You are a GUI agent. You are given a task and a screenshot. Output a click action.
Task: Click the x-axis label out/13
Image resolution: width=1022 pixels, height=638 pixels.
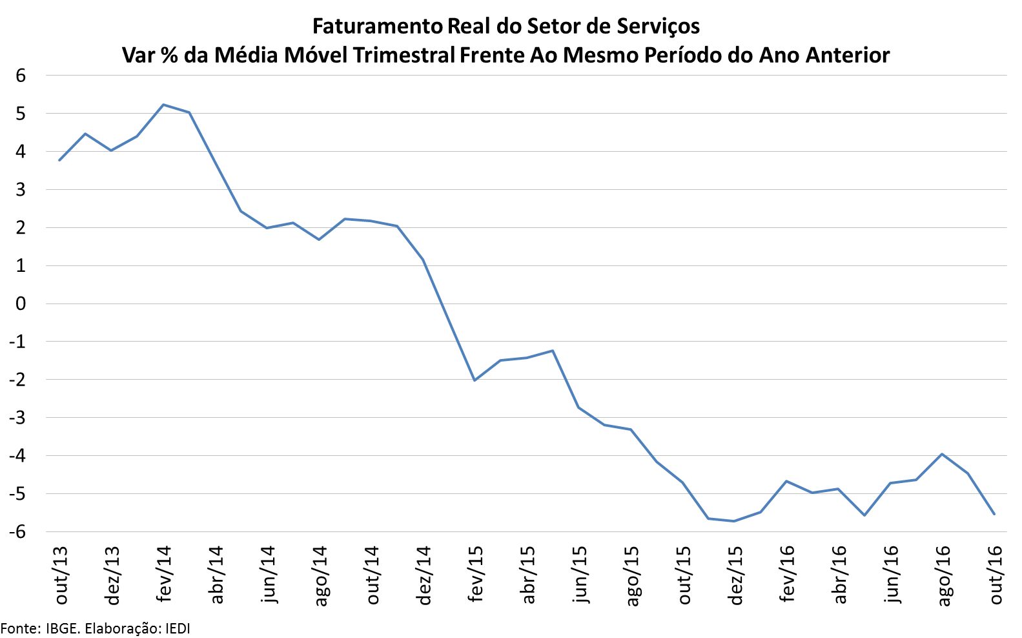(x=61, y=575)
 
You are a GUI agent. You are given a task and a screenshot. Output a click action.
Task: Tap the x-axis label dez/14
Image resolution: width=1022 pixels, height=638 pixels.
(x=424, y=575)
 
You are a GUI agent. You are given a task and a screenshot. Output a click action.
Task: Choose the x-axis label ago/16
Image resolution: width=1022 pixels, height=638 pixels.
(x=943, y=575)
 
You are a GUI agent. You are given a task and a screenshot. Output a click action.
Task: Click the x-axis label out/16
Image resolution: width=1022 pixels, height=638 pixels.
(x=996, y=575)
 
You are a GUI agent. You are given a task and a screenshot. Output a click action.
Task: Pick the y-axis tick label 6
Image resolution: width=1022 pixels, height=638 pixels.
(x=21, y=76)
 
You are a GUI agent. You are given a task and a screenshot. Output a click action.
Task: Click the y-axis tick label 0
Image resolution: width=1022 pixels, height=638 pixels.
(x=21, y=304)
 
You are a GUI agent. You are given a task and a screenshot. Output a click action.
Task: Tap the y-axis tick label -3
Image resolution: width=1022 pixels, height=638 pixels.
(x=17, y=418)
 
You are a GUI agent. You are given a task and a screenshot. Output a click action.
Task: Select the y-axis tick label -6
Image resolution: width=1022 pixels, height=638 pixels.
(x=17, y=531)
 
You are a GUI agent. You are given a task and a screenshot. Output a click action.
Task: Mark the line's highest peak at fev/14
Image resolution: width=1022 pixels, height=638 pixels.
(x=163, y=105)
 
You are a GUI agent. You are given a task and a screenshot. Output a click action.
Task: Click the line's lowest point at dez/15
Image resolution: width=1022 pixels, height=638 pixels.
(x=734, y=521)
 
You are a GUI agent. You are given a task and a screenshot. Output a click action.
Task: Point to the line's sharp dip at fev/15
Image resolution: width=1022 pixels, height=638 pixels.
(x=475, y=380)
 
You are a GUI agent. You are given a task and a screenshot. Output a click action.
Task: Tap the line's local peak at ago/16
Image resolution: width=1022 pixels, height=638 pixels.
(x=942, y=454)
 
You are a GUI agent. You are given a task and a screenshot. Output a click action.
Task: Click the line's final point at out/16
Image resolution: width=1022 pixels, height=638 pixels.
(x=994, y=514)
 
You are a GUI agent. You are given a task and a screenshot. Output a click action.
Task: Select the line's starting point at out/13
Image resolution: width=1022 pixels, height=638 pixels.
(x=59, y=160)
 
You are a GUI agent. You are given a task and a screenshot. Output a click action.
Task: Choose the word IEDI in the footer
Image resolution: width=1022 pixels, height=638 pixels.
(x=178, y=628)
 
